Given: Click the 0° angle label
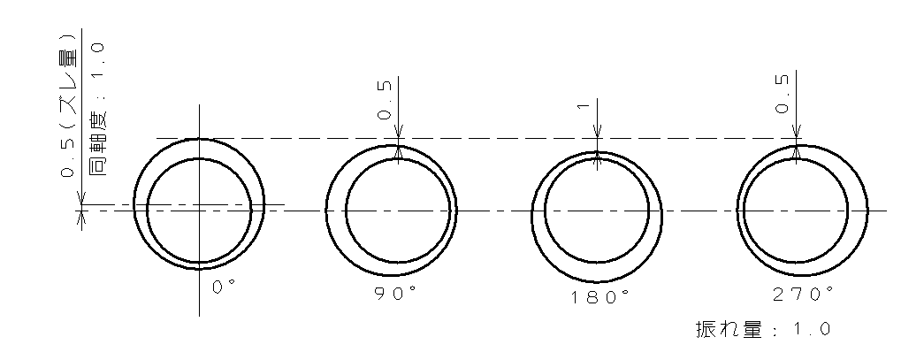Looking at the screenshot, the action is (224, 287).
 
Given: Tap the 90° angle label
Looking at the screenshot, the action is (399, 294).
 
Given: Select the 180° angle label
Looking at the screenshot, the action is (599, 297).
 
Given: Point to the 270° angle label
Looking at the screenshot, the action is (803, 294).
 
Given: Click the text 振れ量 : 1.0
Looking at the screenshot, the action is (763, 329).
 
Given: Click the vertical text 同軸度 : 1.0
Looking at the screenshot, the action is (100, 110).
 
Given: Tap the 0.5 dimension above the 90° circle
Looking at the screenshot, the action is (384, 100).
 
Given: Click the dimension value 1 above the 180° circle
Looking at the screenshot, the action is (584, 106).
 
